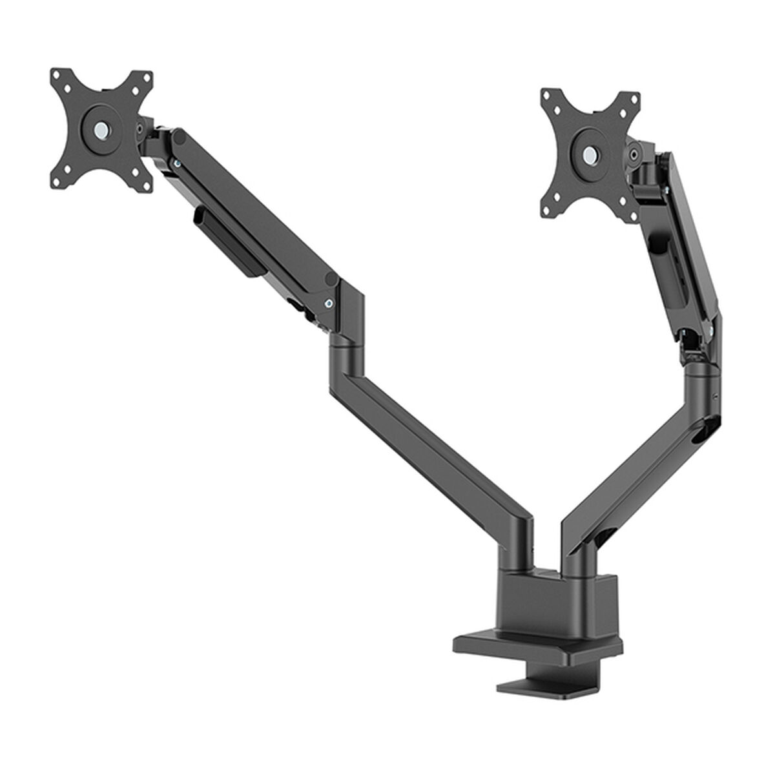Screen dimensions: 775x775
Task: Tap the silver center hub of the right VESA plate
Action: (590, 154)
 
